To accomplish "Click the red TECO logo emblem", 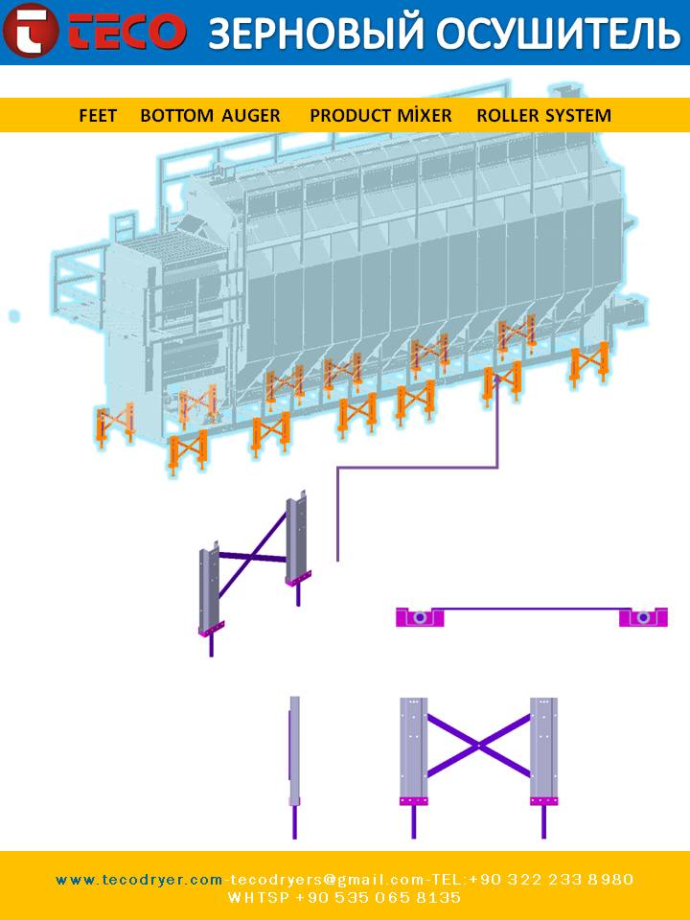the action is click(30, 30).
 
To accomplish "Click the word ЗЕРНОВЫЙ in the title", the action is click(315, 33).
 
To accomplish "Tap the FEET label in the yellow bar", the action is click(98, 116).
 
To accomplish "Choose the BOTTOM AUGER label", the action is click(210, 116).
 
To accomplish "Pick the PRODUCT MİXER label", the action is click(380, 115).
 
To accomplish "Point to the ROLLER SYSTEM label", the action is click(544, 116).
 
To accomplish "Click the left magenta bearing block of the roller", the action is click(420, 617).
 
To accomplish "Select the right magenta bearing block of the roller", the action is click(643, 617).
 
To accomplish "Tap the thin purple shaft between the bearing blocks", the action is click(532, 609).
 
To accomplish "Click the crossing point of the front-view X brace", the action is click(479, 746).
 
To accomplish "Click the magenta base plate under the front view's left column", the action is click(414, 801).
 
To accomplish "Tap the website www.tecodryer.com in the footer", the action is click(139, 880).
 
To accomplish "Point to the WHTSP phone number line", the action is click(344, 898).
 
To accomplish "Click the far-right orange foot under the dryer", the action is click(589, 364).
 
